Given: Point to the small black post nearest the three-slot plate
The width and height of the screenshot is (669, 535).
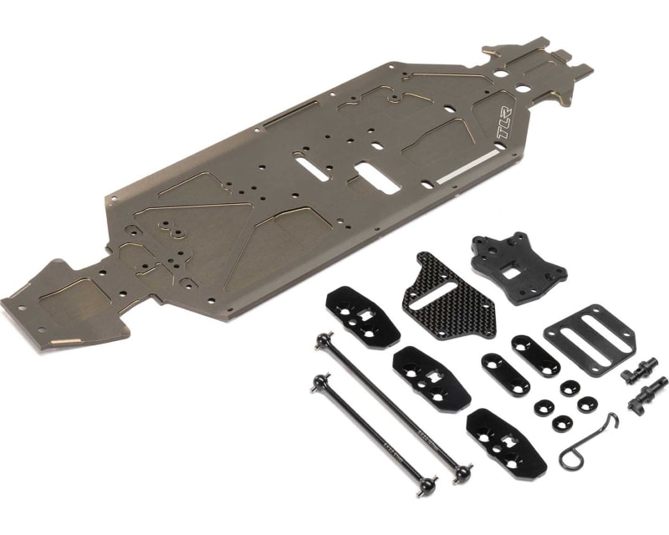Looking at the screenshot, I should pyautogui.click(x=641, y=369).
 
